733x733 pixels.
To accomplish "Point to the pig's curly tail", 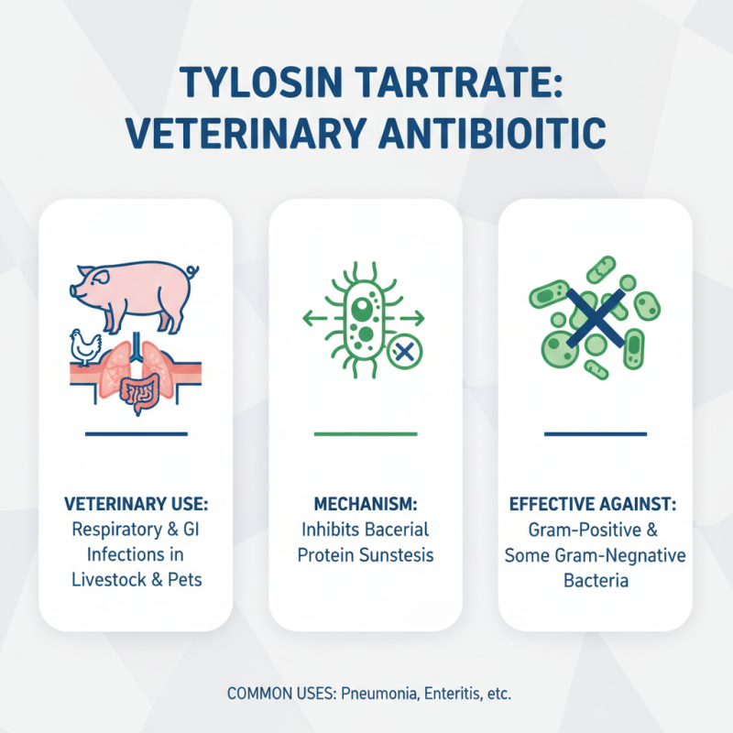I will (x=192, y=272).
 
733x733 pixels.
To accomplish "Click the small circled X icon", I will (x=400, y=349).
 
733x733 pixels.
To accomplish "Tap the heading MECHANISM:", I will (x=366, y=505).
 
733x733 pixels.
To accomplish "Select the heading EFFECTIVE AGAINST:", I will (x=596, y=505).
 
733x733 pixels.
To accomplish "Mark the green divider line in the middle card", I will (x=366, y=432).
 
